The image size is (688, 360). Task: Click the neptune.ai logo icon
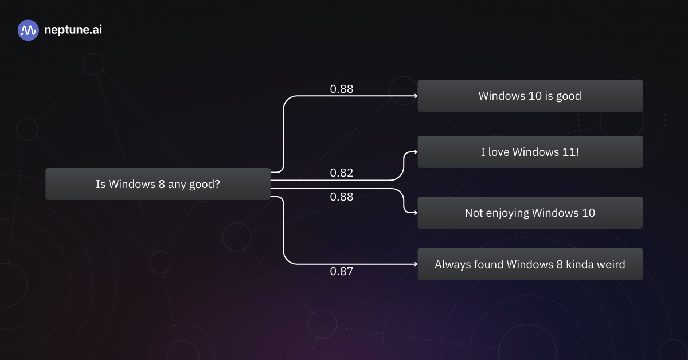pyautogui.click(x=28, y=30)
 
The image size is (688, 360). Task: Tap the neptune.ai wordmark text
pyautogui.click(x=73, y=30)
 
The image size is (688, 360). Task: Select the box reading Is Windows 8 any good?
pyautogui.click(x=158, y=184)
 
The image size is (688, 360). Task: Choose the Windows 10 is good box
pyautogui.click(x=530, y=96)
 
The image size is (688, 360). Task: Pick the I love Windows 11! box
pyautogui.click(x=530, y=152)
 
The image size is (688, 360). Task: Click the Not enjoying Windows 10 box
pyautogui.click(x=530, y=213)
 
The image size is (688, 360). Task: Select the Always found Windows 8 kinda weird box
pyautogui.click(x=530, y=264)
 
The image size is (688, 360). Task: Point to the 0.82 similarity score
pyautogui.click(x=342, y=173)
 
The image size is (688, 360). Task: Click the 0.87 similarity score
pyautogui.click(x=342, y=272)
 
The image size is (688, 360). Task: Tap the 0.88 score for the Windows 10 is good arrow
pyautogui.click(x=342, y=89)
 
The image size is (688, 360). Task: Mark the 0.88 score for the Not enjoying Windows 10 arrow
pyautogui.click(x=342, y=197)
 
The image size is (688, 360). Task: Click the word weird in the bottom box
pyautogui.click(x=611, y=264)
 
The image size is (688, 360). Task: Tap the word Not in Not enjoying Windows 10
pyautogui.click(x=474, y=213)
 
